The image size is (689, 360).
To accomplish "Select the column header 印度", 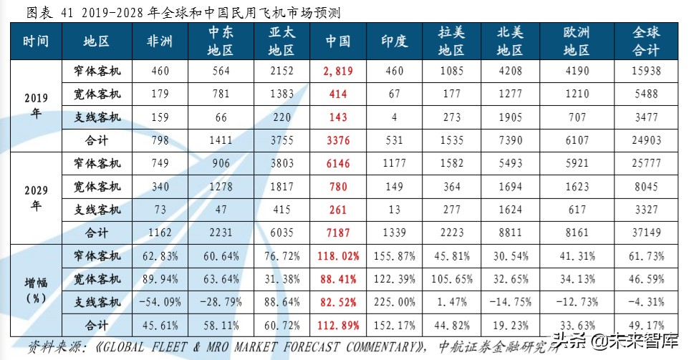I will click(x=394, y=42).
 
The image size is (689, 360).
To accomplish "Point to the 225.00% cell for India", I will click(x=394, y=301).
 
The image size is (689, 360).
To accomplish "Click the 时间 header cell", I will click(x=36, y=42).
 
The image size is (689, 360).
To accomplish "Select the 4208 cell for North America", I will click(x=509, y=72).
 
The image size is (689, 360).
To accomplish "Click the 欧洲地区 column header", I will click(x=576, y=42).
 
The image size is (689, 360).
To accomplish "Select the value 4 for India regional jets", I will click(x=394, y=117).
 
